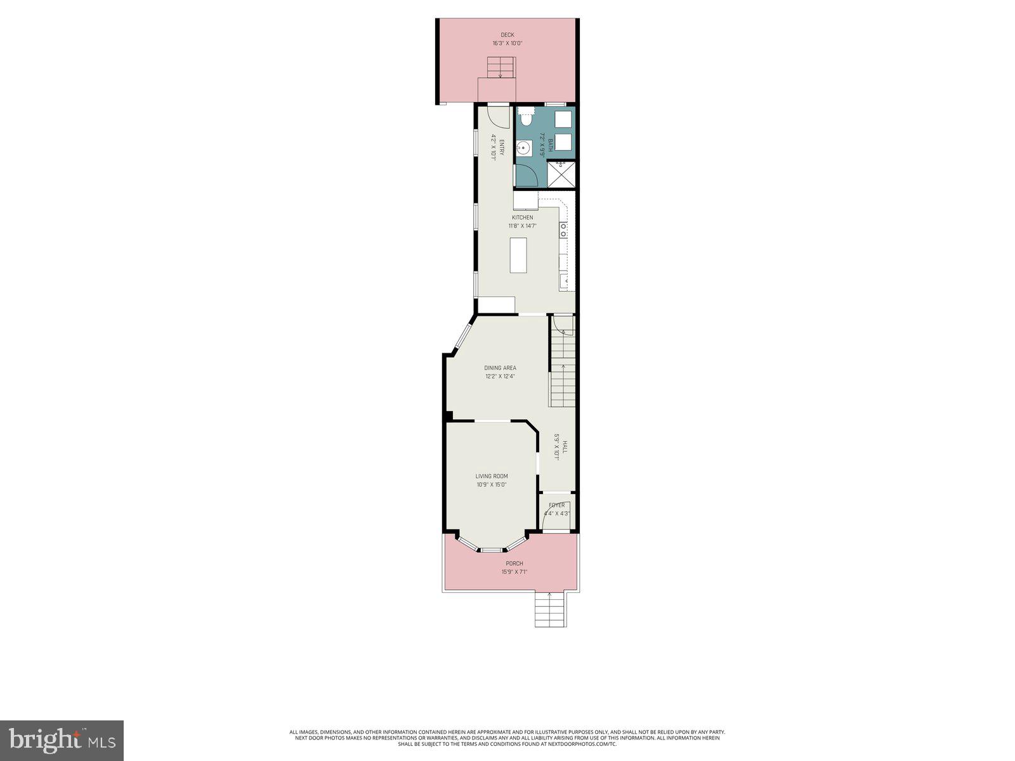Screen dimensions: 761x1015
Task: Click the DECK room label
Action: (x=507, y=35)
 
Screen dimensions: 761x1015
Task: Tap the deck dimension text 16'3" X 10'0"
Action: (x=507, y=44)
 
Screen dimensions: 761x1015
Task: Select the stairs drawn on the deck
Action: (x=500, y=67)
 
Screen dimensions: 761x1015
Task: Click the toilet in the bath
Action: (x=526, y=117)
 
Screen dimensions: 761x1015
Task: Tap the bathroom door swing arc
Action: (x=527, y=174)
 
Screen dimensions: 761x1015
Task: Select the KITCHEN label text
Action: (x=523, y=218)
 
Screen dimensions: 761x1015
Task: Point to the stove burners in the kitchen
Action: (x=563, y=230)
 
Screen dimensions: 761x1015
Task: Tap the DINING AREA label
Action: (x=500, y=368)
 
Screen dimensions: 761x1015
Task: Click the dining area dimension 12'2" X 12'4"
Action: (x=500, y=376)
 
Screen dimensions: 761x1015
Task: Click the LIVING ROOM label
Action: (x=492, y=476)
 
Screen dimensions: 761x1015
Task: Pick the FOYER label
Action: (x=556, y=505)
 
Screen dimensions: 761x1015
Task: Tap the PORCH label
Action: (x=514, y=563)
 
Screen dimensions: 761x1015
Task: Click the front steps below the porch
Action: (x=549, y=610)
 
